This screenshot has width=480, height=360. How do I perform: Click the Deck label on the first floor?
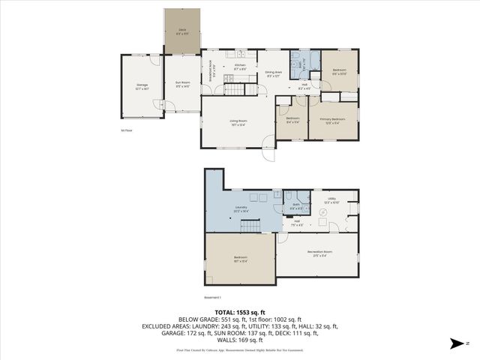tap(182, 32)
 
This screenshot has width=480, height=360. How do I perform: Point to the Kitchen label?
tap(241, 67)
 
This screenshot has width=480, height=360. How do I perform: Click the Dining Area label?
tap(273, 73)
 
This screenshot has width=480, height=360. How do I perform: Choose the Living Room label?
tap(238, 122)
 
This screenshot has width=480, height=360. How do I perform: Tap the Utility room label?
tap(331, 200)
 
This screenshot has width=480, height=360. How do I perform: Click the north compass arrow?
tap(454, 343)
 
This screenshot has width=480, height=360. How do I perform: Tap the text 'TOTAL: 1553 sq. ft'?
tap(240, 312)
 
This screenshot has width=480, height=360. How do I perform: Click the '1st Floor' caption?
tap(126, 130)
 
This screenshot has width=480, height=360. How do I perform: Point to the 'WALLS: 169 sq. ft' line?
tap(240, 342)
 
